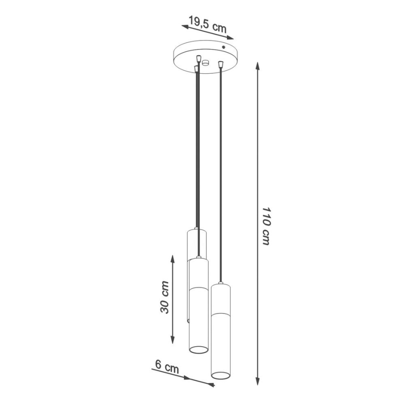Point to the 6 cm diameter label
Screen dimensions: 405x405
[x=167, y=367]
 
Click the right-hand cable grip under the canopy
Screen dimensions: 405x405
[x=221, y=63]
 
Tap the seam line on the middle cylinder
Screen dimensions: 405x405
[x=198, y=289]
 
